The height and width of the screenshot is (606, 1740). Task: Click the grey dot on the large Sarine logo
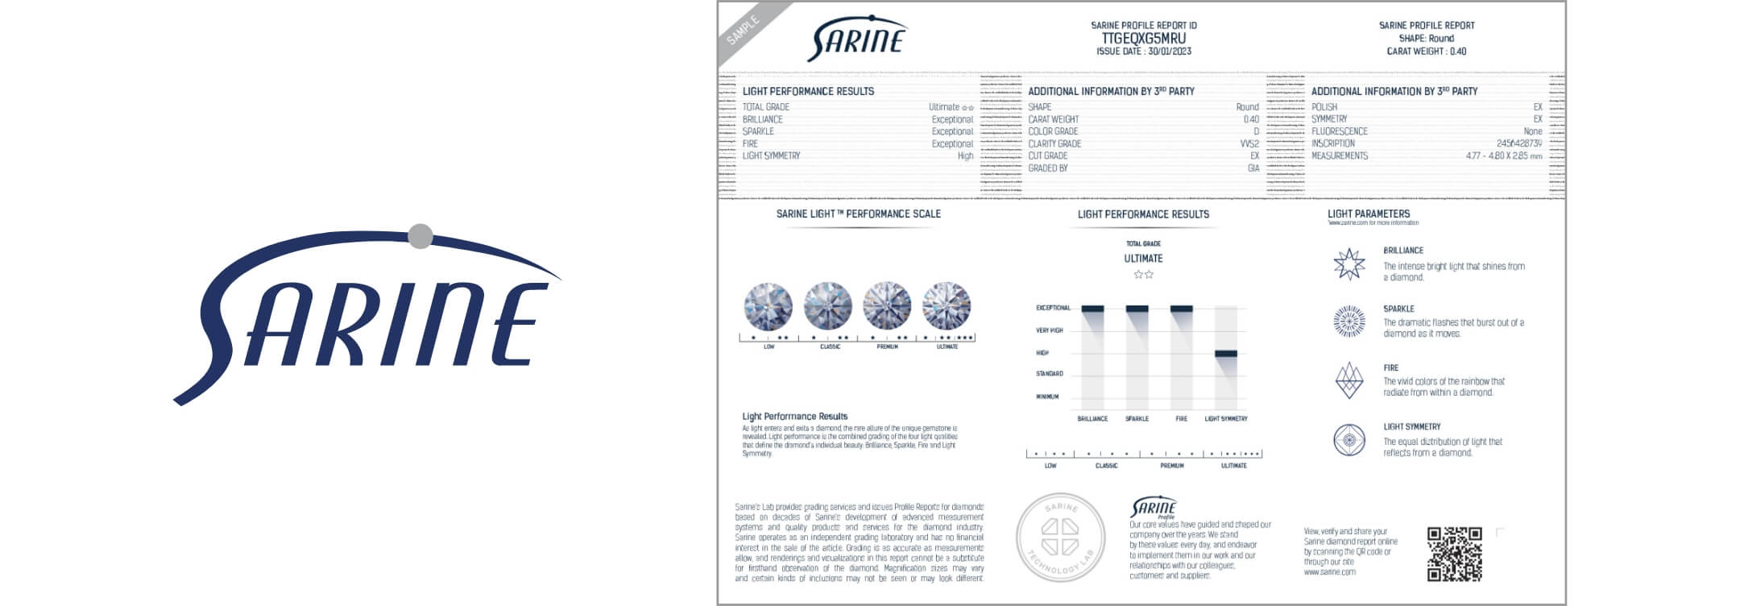click(420, 235)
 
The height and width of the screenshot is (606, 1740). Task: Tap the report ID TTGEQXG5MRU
click(1143, 38)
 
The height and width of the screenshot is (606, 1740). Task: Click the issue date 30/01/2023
click(1170, 52)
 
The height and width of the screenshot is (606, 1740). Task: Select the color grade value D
click(1255, 131)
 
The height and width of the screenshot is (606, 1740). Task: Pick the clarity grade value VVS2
click(1249, 143)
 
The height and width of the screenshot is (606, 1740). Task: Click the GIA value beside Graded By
click(1253, 168)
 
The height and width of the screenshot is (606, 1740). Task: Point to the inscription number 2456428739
click(1519, 143)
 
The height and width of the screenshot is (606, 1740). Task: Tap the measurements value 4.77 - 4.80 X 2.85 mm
click(1503, 156)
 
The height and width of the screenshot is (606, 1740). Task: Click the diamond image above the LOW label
click(768, 306)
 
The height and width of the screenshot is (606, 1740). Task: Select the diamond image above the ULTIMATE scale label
click(947, 306)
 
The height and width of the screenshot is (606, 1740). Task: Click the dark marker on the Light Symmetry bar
click(1225, 354)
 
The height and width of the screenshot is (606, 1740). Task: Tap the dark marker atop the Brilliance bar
click(1092, 309)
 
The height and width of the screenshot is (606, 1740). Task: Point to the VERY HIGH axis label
click(1050, 330)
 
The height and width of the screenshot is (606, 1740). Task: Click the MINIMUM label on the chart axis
click(1047, 396)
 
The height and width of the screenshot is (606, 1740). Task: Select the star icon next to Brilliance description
click(1349, 264)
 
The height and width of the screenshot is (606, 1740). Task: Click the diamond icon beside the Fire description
click(1349, 380)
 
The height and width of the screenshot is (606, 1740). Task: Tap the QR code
click(1454, 554)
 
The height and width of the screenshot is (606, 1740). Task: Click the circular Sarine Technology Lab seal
click(1060, 538)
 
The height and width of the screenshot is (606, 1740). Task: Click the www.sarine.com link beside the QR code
click(1329, 572)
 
